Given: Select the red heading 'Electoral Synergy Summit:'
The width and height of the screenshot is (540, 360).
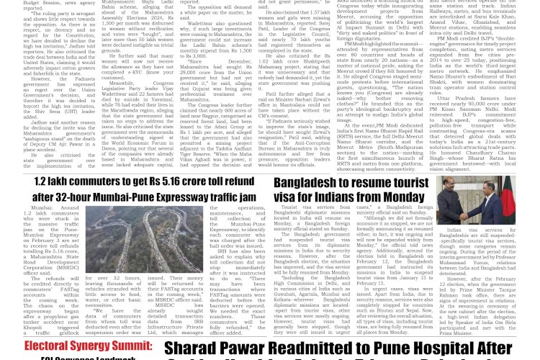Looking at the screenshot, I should pyautogui.click(x=78, y=348).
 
